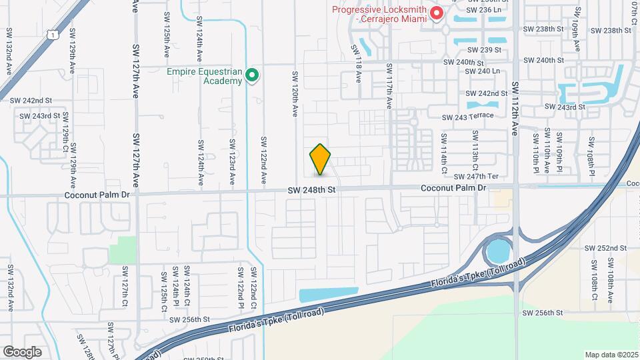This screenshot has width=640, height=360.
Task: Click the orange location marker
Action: [320, 159]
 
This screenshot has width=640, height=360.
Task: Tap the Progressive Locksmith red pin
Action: [437, 13]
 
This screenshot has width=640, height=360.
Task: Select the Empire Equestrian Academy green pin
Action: [252, 75]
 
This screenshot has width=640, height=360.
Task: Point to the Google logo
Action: [22, 351]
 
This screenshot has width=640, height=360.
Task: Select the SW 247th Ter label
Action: [476, 177]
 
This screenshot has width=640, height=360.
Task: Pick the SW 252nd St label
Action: [604, 248]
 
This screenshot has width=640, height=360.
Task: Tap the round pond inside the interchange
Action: [497, 251]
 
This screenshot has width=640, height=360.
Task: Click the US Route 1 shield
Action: [52, 33]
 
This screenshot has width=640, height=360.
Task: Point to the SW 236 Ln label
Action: [483, 10]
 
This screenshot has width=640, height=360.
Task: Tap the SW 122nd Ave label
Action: [264, 161]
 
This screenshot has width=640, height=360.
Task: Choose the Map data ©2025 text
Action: [611, 355]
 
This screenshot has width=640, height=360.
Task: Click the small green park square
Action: [122, 249]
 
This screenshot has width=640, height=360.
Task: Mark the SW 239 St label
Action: [484, 50]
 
